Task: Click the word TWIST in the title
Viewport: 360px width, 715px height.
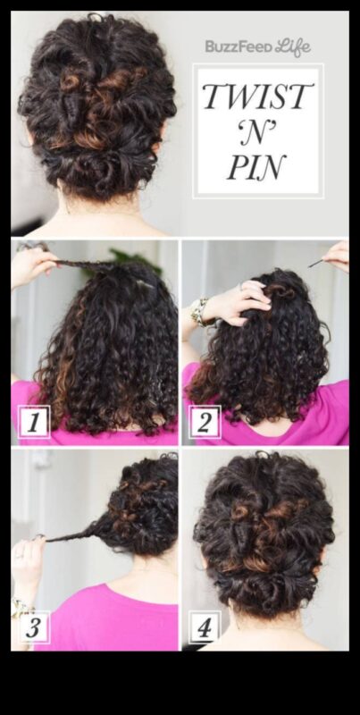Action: (258, 97)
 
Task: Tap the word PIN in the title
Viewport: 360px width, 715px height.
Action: (257, 167)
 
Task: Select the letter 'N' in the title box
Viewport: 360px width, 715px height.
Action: (258, 132)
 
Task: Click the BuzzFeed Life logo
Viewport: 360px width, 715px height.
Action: (258, 47)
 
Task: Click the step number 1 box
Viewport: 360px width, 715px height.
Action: (33, 422)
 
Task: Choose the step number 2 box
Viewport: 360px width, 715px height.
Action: (205, 422)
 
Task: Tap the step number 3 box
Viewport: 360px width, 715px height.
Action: (34, 627)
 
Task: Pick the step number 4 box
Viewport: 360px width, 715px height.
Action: (205, 627)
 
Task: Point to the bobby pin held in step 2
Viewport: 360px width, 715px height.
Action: (317, 263)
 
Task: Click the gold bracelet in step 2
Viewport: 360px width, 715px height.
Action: (200, 311)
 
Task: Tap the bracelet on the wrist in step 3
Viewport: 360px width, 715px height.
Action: (19, 607)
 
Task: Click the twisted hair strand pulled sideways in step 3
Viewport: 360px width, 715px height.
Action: (73, 533)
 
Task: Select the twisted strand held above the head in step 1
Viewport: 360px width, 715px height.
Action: (87, 264)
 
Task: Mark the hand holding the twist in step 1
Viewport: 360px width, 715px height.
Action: (33, 266)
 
